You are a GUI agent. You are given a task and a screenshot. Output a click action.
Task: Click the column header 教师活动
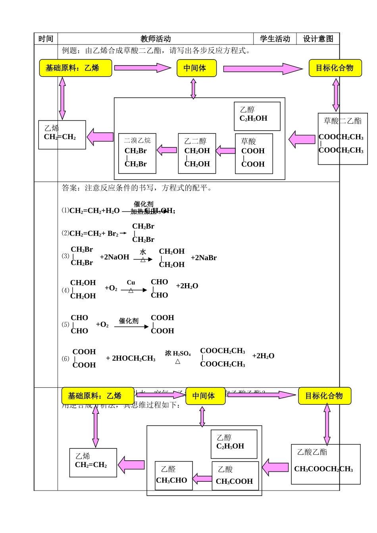[x=156, y=39]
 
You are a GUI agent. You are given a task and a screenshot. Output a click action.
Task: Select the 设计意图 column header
[x=318, y=39]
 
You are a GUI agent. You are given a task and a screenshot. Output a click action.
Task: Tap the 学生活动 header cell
[x=275, y=39]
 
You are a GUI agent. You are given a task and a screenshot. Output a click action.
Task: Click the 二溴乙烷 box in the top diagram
[x=137, y=153]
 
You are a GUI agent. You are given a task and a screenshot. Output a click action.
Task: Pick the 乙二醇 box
[x=197, y=153]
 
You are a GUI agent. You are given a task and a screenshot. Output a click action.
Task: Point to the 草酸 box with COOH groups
[x=254, y=153]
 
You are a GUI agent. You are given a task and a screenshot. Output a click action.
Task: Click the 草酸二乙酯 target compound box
[x=342, y=139]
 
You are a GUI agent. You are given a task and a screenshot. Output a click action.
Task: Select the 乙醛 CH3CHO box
[x=173, y=475]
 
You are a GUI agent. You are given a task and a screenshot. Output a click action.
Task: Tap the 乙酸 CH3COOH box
[x=235, y=475]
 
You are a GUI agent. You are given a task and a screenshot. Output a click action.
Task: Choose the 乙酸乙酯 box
[x=325, y=464]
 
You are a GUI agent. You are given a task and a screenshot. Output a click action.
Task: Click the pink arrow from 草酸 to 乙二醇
[x=225, y=151]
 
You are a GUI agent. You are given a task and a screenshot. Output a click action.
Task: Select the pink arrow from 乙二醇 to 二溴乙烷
[x=167, y=150]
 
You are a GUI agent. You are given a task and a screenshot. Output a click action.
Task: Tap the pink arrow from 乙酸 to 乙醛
[x=202, y=479]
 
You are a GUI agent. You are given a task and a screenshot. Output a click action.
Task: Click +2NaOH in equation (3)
[x=114, y=257]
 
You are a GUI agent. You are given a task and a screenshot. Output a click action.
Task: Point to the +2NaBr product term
[x=204, y=258]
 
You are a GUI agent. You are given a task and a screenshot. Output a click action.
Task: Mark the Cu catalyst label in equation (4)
[x=131, y=283]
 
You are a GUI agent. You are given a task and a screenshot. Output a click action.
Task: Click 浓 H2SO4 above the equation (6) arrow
[x=178, y=353]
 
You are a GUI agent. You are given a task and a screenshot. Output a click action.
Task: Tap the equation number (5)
[x=65, y=324]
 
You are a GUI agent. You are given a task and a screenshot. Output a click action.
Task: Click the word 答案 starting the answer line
[x=69, y=188]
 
